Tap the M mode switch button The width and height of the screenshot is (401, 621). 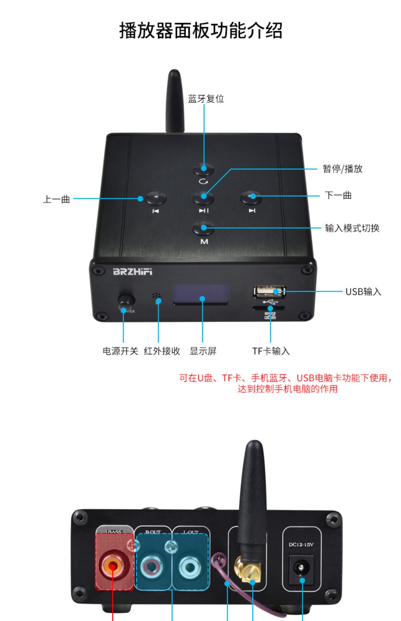204,228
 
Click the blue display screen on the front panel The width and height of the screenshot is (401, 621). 201,294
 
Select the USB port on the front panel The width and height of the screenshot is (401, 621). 269,291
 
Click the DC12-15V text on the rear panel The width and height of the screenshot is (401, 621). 301,545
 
